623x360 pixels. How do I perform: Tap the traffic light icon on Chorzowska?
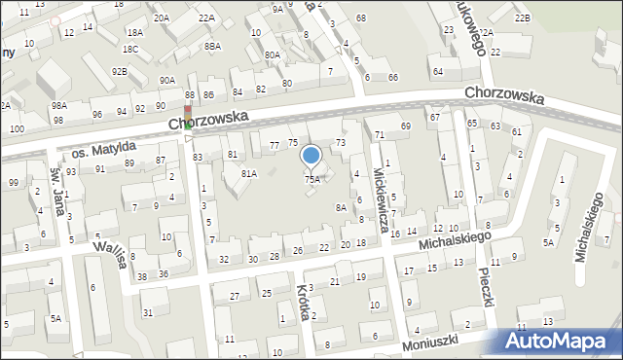point(188,117)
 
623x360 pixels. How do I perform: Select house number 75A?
point(311,179)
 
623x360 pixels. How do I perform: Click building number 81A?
point(249,173)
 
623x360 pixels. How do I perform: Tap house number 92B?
point(119,71)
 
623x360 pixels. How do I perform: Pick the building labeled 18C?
point(130,49)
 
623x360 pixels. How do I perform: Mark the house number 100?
point(17,128)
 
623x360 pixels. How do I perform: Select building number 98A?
point(59,104)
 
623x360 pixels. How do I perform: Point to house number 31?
point(148,312)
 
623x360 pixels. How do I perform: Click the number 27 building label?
point(234,295)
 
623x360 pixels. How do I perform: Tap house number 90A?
point(167,80)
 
